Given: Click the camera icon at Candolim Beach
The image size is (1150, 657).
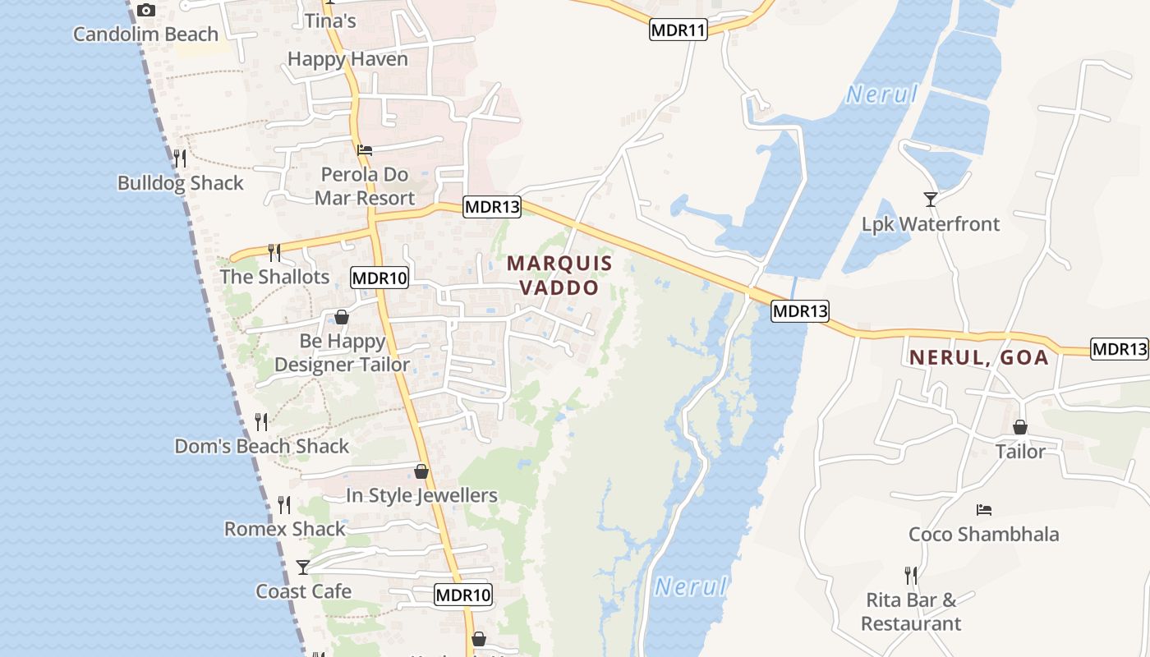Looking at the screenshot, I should click(146, 11).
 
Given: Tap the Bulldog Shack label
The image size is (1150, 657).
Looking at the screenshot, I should click(181, 183).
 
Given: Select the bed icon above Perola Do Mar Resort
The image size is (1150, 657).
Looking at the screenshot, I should click(365, 150).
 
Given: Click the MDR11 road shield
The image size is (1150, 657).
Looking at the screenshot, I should click(678, 30).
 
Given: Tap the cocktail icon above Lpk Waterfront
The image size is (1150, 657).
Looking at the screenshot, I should click(931, 199).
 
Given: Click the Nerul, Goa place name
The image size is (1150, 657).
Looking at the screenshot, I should click(978, 358).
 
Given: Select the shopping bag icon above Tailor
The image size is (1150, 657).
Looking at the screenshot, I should click(1020, 427).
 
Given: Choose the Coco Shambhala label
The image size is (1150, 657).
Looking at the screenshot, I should click(983, 535).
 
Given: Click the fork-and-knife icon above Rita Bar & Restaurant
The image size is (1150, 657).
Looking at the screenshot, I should click(911, 575).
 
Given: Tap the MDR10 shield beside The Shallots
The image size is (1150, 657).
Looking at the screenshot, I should click(379, 278).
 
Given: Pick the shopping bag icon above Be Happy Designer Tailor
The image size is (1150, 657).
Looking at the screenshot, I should click(342, 317).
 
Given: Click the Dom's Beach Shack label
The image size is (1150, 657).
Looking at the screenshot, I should click(262, 447).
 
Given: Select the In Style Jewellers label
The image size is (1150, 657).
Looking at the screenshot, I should click(421, 496).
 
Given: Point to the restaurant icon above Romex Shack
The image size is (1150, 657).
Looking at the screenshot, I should click(284, 504).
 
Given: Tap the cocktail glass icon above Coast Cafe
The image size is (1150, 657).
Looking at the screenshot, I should click(303, 567).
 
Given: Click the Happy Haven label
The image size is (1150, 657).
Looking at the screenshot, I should click(347, 59).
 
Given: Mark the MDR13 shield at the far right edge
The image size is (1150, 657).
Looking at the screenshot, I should click(1119, 348).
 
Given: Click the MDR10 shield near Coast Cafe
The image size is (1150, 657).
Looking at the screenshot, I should click(463, 595).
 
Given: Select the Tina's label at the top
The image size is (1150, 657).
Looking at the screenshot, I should click(330, 21).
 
